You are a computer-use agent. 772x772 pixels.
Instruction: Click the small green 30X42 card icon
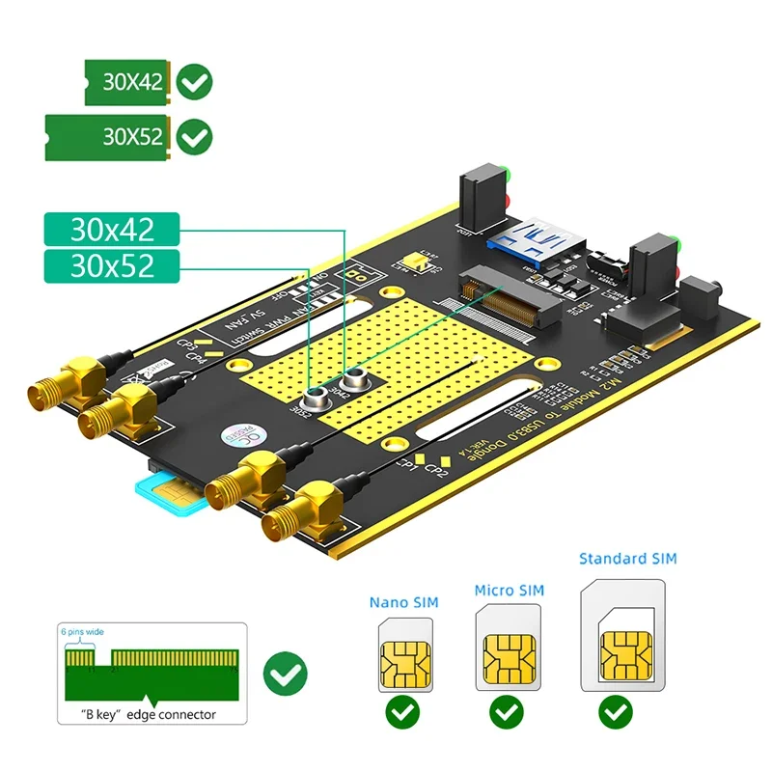[126, 82]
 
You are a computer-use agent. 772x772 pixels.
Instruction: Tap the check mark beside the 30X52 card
[196, 136]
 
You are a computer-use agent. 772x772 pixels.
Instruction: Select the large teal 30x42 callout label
[112, 230]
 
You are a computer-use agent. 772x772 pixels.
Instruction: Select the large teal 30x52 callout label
[112, 265]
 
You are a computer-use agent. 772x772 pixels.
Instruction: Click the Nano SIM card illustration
[402, 655]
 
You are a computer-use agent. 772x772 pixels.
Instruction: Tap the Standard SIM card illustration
[622, 635]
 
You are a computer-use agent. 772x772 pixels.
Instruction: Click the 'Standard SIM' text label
[627, 559]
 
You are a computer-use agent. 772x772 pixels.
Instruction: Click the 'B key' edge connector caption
[149, 715]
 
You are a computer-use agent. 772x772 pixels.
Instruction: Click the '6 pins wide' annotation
[84, 632]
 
